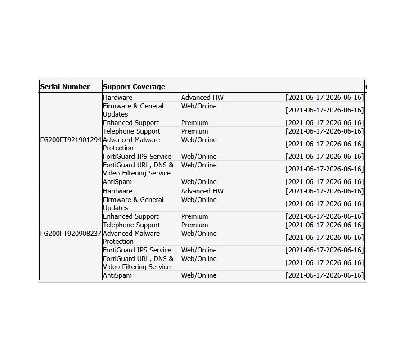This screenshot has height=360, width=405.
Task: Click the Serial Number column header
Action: (65, 87)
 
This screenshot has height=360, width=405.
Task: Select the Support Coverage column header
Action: (134, 87)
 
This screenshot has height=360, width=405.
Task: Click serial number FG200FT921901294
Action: (71, 140)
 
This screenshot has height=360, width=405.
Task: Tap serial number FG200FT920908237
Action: (71, 234)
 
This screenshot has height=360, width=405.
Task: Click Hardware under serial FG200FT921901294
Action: (117, 98)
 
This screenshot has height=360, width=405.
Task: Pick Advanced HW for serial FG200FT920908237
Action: (202, 191)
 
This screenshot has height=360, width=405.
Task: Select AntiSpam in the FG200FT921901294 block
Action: (117, 182)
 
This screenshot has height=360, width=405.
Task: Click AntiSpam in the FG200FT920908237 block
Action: (117, 275)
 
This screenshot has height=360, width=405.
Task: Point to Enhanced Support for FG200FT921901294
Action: (130, 123)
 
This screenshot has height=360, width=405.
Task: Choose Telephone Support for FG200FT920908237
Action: (131, 225)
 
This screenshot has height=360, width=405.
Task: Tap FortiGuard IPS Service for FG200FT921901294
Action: (137, 157)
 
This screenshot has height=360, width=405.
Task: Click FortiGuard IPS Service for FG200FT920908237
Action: (137, 250)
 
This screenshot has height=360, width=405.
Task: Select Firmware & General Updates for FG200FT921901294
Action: (133, 110)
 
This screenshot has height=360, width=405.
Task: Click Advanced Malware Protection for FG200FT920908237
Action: (131, 238)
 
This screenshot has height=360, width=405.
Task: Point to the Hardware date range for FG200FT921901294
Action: (324, 98)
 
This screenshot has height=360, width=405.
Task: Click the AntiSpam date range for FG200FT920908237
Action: (324, 275)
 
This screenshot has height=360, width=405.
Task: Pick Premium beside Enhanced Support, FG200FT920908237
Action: (194, 216)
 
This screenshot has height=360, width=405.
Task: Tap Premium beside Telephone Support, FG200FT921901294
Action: (194, 131)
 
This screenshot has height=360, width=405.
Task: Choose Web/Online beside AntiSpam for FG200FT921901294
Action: (199, 182)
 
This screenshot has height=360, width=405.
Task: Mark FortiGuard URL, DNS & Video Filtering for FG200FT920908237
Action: (138, 263)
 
